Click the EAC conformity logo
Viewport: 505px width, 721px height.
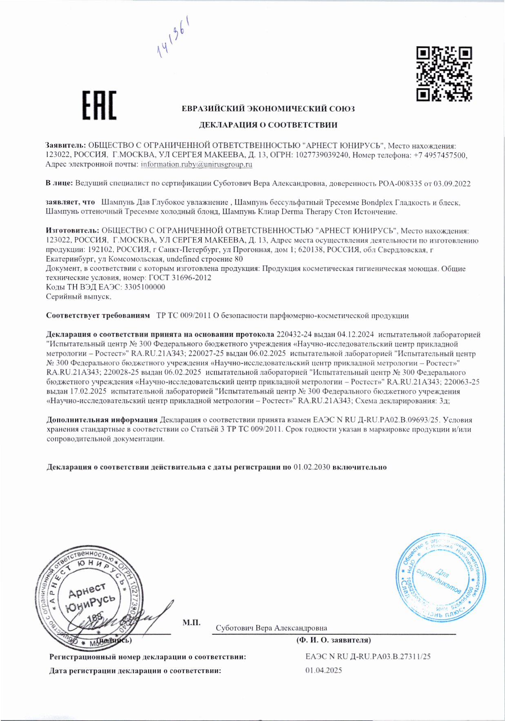click(x=99, y=105)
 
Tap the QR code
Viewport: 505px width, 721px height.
click(x=444, y=74)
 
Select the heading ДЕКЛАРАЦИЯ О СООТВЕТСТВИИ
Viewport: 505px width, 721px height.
click(x=268, y=125)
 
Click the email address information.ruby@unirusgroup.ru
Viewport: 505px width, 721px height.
click(x=196, y=164)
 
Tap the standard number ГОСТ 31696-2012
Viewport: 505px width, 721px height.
click(x=180, y=278)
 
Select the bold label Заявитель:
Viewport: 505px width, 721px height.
click(x=66, y=146)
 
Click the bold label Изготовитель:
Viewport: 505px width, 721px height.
click(x=72, y=231)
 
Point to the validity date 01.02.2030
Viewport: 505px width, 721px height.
click(x=311, y=467)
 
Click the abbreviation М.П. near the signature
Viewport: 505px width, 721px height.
click(x=191, y=622)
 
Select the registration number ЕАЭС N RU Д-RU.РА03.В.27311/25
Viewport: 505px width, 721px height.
click(x=368, y=657)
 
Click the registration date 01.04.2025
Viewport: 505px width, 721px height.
click(x=323, y=670)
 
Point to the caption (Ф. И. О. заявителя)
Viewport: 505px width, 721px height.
click(x=334, y=640)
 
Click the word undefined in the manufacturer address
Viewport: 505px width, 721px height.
click(x=183, y=259)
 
